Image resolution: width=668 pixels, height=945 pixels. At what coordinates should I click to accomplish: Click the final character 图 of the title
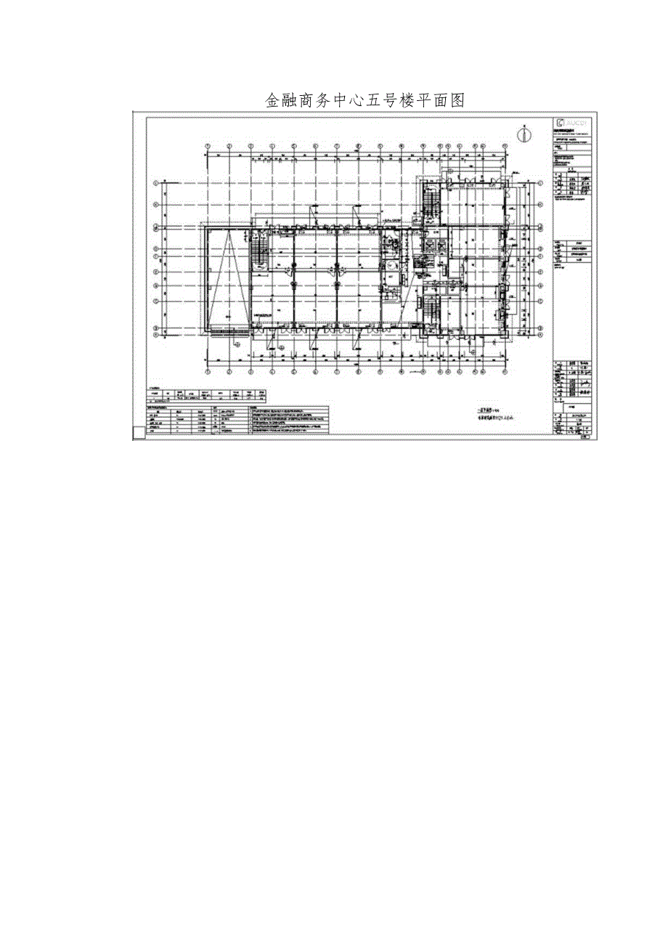pos(457,100)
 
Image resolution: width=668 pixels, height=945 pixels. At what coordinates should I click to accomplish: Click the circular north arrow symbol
pos(521,134)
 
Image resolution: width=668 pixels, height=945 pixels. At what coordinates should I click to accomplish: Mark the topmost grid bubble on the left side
pos(155,184)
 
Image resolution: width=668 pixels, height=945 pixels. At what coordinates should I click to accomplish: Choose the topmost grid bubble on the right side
pos(542,184)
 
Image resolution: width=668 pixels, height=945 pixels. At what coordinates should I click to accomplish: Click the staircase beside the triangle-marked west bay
pos(257,254)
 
